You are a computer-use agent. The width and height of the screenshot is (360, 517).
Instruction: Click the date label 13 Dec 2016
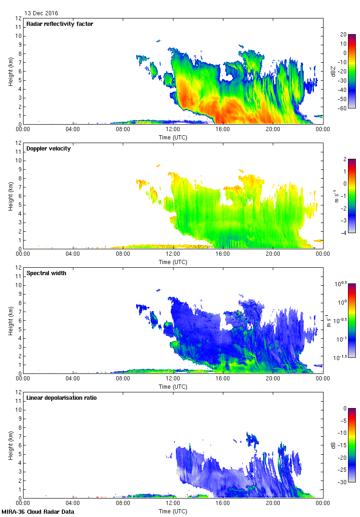pos(42,13)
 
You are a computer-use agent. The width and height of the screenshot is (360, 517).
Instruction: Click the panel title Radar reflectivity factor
pos(60,24)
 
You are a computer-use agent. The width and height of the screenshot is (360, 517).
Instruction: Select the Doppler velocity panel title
pos(48,149)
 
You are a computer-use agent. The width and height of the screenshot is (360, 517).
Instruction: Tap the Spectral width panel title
pos(47,273)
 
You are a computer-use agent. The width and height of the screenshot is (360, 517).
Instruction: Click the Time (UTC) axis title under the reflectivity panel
pos(173,137)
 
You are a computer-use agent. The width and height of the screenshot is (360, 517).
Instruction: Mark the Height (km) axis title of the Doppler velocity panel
pos(10,196)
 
